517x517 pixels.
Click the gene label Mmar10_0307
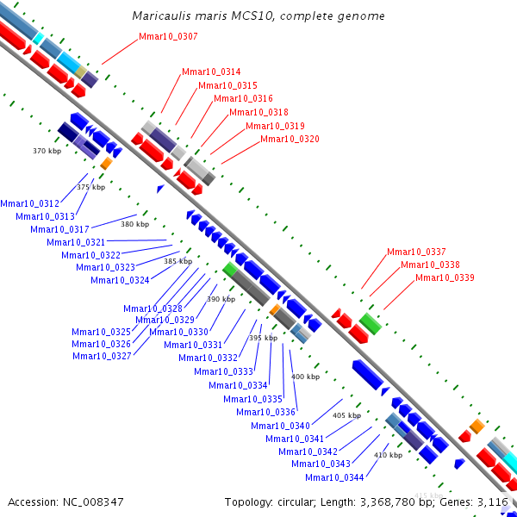coord(168,37)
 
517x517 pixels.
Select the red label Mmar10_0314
coord(211,72)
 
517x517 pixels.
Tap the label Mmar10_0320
coord(290,140)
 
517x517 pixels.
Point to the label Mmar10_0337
coord(416,252)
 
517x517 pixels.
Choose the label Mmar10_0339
coord(445,277)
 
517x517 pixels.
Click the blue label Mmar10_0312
coord(29,203)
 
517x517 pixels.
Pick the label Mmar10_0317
coord(59,229)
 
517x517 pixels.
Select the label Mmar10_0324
coord(120,280)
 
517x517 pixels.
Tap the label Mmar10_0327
coord(102,356)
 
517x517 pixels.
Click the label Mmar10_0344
coord(334,477)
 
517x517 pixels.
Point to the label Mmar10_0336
coord(265,412)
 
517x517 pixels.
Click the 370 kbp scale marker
coord(47,151)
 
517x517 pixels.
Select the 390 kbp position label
coord(221,299)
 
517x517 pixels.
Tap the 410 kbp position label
coord(388,455)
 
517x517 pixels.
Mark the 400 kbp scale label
coord(305,377)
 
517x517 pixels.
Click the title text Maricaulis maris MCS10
coord(258,16)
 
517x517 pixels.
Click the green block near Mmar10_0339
coord(371,323)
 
